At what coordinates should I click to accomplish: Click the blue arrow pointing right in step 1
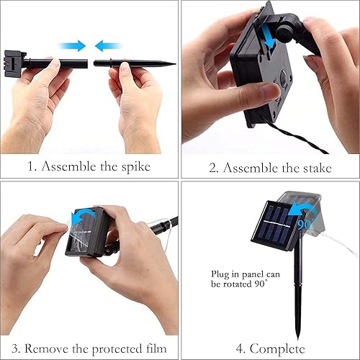(x=72, y=45)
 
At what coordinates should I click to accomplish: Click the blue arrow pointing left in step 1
(x=109, y=45)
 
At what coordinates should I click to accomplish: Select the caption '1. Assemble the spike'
(x=89, y=168)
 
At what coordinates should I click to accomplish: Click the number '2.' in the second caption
(x=214, y=168)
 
